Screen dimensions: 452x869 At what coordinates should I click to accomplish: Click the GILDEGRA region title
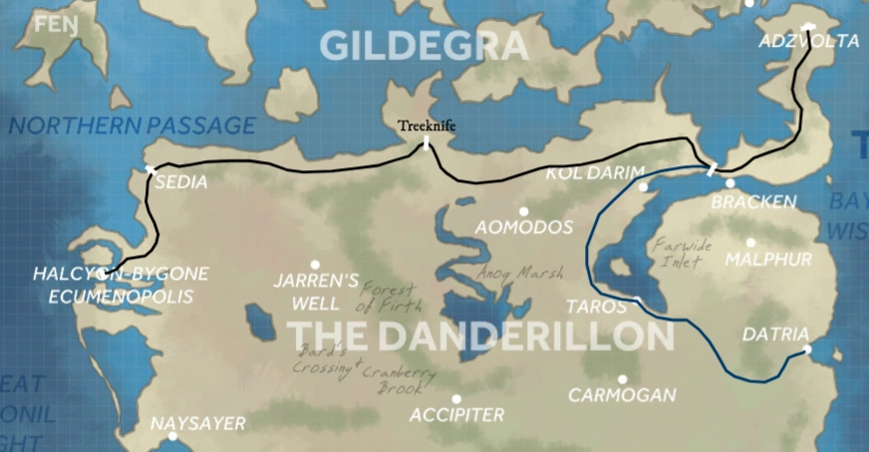click(x=424, y=46)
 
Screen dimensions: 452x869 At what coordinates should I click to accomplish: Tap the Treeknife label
click(x=426, y=126)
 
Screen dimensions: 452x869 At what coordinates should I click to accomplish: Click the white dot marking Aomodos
click(x=523, y=211)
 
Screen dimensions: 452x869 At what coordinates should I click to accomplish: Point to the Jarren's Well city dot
click(x=315, y=265)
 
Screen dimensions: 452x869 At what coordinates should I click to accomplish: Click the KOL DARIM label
click(x=589, y=173)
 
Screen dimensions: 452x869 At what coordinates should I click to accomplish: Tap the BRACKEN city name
click(x=753, y=202)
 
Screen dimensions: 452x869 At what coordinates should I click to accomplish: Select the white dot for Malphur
click(x=750, y=242)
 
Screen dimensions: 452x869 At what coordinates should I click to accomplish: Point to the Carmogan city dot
click(x=622, y=379)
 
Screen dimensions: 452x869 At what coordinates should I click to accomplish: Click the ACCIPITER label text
click(x=456, y=414)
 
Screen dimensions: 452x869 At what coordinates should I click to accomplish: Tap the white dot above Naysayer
click(x=172, y=436)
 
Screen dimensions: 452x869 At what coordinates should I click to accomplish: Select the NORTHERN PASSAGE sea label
click(x=132, y=125)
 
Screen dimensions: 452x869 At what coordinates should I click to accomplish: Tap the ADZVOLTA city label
click(x=807, y=42)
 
